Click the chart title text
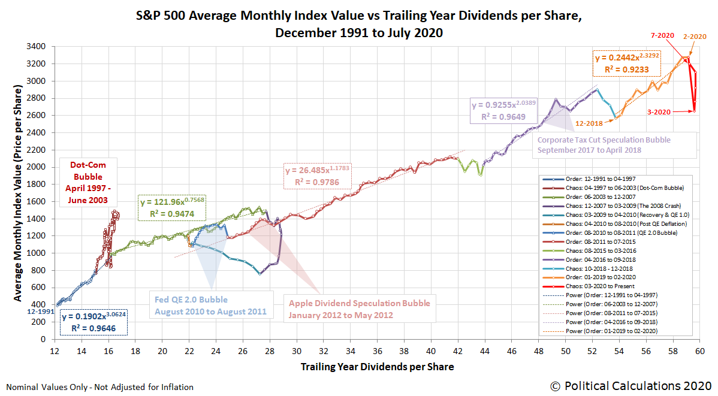point(358,25)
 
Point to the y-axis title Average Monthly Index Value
point(19,194)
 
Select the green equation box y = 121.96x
point(172,207)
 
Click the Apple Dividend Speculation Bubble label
point(360,309)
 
